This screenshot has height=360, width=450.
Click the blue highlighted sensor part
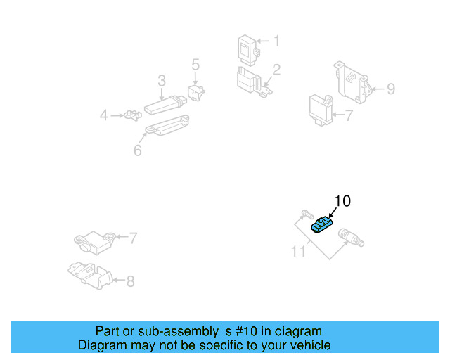pos(323,225)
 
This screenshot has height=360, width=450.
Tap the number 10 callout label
pos(342,201)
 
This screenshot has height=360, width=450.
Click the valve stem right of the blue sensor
pos(349,237)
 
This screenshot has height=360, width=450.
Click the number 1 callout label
pos(276,41)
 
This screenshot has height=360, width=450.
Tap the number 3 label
pos(161,80)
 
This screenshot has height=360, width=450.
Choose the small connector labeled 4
pos(129,115)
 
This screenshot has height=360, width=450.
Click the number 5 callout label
pos(195,65)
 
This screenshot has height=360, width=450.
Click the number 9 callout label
pos(390,89)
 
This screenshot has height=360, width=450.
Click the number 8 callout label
pos(130,282)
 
